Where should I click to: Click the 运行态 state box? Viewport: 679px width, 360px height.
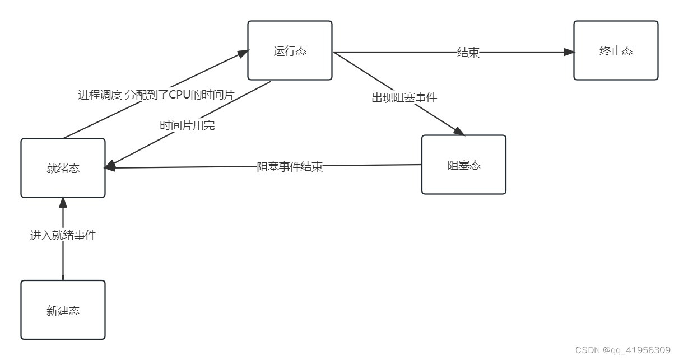click(290, 50)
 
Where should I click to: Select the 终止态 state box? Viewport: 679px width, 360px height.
click(615, 50)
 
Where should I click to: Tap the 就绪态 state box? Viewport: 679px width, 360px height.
click(63, 168)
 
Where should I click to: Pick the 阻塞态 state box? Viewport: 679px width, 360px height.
click(463, 165)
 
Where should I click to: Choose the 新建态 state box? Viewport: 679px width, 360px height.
click(63, 310)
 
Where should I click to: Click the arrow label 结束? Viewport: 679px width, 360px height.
click(468, 53)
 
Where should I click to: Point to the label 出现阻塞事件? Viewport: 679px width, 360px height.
click(404, 97)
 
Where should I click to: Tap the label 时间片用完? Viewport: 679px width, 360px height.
click(187, 125)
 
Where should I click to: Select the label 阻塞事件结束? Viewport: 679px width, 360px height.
click(290, 167)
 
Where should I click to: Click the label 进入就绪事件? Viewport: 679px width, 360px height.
click(63, 235)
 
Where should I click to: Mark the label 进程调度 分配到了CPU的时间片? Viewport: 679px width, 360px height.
click(156, 95)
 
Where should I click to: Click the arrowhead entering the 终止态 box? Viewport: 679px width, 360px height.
click(569, 52)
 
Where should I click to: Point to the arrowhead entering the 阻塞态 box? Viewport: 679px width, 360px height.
click(459, 132)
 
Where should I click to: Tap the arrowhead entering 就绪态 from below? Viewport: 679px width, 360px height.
click(63, 202)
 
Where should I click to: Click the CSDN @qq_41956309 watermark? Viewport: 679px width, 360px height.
click(622, 350)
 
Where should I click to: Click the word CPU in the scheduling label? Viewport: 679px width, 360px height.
click(180, 95)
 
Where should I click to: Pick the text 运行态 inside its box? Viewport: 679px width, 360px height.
click(290, 51)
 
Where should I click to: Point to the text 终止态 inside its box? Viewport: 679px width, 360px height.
click(615, 51)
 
